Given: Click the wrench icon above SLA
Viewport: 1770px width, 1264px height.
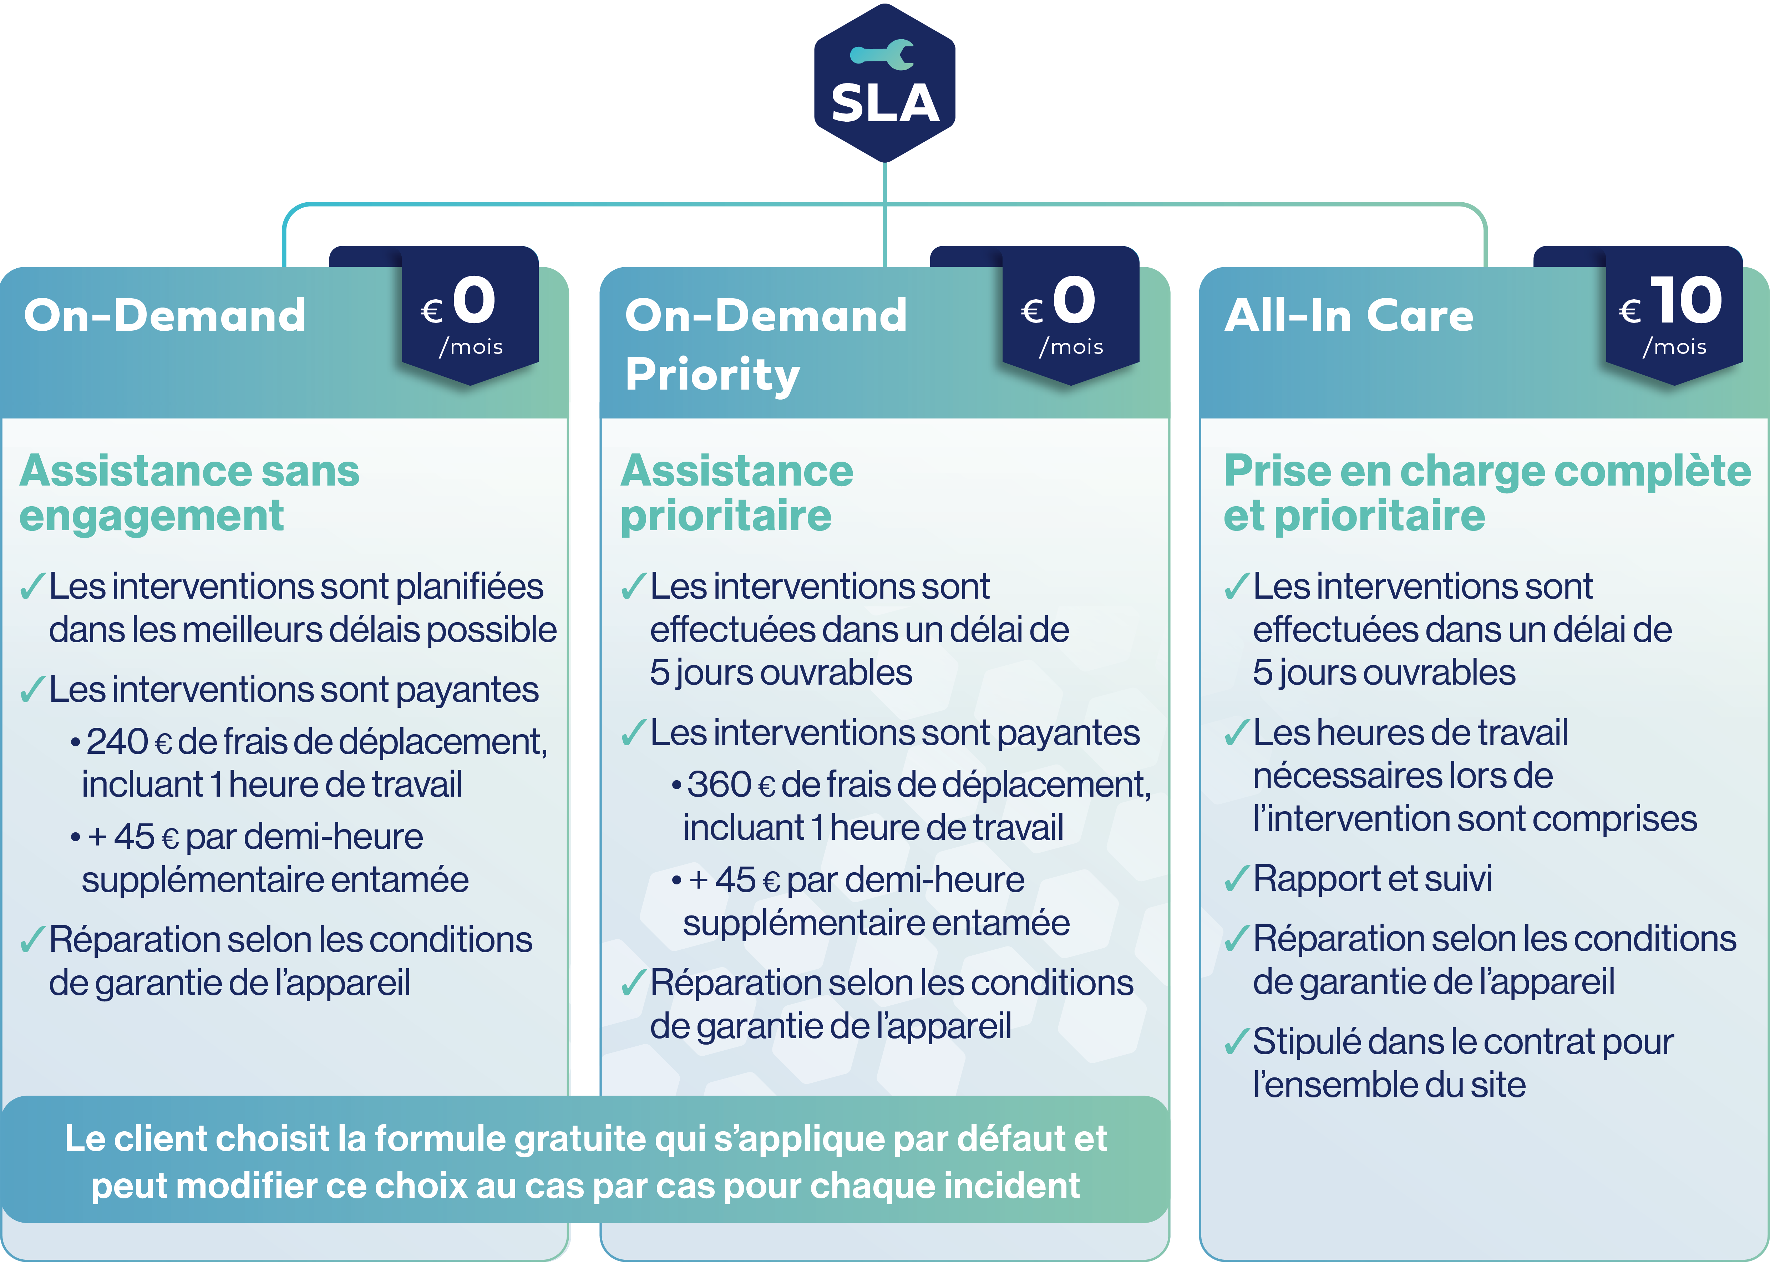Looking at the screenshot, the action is click(x=882, y=55).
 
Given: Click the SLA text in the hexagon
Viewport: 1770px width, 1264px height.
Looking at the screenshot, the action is click(x=885, y=103).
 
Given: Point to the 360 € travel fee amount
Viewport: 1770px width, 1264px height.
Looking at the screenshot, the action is click(x=732, y=785).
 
